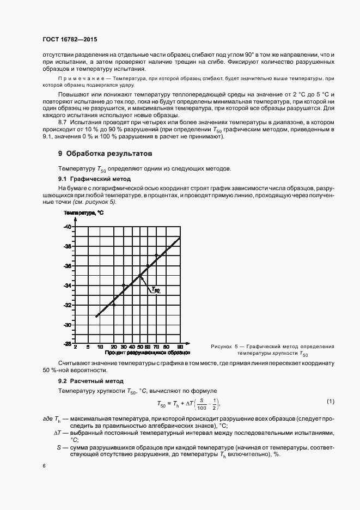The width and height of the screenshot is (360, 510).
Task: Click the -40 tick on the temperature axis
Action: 68,227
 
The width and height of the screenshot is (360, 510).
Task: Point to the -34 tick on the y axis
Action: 68,286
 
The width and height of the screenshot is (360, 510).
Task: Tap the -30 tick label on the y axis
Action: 68,325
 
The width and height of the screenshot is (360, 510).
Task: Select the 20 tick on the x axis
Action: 114,348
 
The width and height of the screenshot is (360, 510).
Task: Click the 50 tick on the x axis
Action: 140,348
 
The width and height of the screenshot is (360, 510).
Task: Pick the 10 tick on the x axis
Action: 101,348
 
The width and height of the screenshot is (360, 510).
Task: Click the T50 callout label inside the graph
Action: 155,290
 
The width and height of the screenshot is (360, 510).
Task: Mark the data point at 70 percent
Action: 156,256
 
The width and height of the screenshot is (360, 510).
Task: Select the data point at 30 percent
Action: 124,285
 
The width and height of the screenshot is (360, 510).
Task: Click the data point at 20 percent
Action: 114,305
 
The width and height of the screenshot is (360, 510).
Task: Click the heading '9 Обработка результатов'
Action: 101,154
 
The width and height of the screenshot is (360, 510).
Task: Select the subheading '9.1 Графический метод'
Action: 90,179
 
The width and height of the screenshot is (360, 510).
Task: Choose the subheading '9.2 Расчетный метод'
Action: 87,381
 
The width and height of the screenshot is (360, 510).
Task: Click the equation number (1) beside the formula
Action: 330,402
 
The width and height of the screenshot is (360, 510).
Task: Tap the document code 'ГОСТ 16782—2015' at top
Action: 69,40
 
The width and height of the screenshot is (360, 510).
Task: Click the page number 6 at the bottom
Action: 44,466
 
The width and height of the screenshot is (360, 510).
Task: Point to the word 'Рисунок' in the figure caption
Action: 221,347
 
